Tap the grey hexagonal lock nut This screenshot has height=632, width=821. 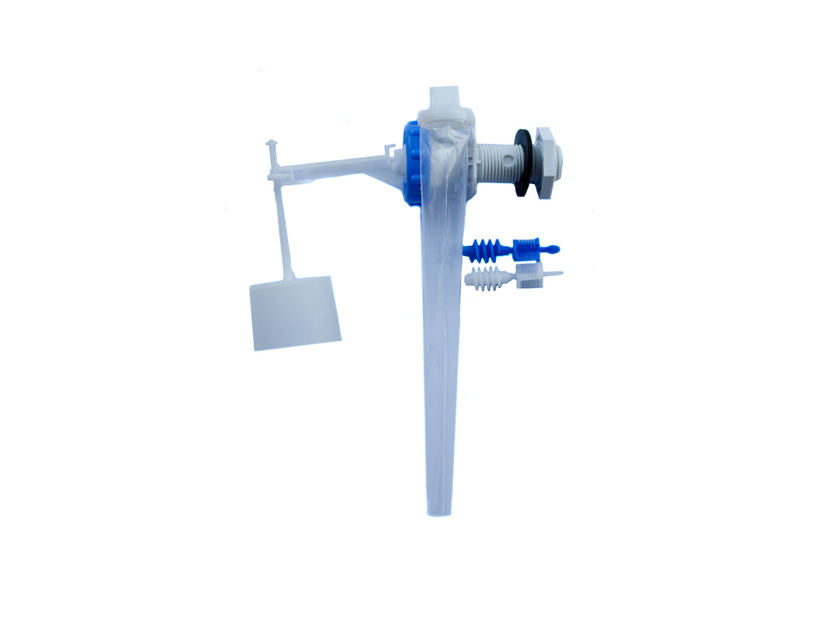click(548, 163)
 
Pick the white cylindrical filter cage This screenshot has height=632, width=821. click(529, 276)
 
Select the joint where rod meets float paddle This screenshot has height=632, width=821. click(290, 276)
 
